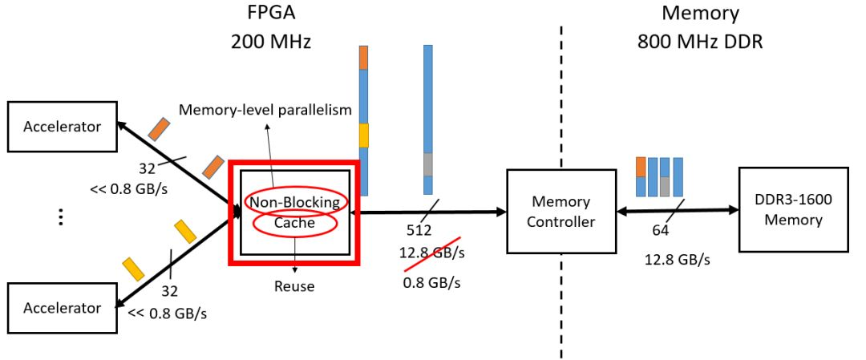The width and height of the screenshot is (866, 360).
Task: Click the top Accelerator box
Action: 63,126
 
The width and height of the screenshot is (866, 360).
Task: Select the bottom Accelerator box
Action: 63,308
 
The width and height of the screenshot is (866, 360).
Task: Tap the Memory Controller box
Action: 560,212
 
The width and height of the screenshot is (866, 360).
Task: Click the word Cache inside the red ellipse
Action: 295,223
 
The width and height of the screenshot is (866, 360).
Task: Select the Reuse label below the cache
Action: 295,285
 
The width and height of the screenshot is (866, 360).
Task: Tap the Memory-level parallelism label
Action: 265,110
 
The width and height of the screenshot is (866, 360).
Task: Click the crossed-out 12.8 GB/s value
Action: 432,253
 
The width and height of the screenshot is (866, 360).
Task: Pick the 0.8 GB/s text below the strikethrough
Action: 432,282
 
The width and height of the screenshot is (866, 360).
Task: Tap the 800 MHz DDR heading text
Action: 700,42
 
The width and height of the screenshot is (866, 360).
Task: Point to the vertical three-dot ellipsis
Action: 61,216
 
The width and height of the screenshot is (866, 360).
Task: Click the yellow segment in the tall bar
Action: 363,134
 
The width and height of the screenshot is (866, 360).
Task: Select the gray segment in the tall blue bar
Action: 428,164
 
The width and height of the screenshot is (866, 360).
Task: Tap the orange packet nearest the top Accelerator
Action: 160,128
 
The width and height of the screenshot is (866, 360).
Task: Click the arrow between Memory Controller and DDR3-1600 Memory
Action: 678,211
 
